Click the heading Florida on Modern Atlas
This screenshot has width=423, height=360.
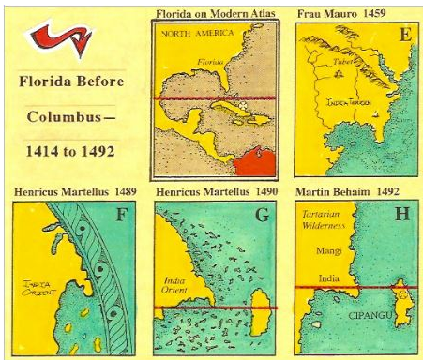coord(214,12)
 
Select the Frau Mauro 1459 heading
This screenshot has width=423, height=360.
coord(341,12)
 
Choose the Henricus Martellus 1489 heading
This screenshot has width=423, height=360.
coord(75,192)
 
